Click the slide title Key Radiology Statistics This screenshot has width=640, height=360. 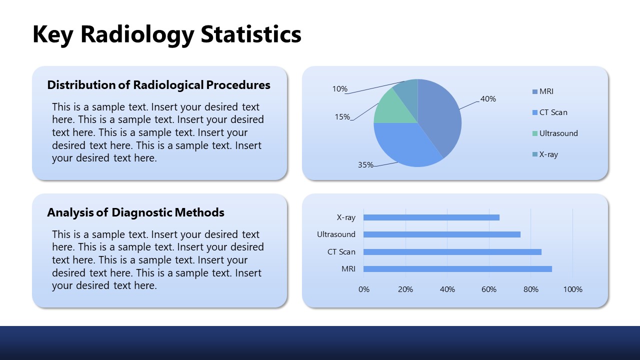pyautogui.click(x=167, y=34)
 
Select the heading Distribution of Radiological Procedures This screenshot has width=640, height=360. pyautogui.click(x=158, y=85)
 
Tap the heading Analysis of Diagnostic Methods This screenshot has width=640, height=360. pyautogui.click(x=135, y=212)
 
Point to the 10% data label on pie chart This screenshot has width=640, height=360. pyautogui.click(x=339, y=89)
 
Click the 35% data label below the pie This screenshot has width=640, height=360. pyautogui.click(x=365, y=164)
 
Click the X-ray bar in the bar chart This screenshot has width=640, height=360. pyautogui.click(x=431, y=217)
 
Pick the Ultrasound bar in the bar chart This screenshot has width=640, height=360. pyautogui.click(x=441, y=234)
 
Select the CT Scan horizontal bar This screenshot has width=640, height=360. pyautogui.click(x=452, y=252)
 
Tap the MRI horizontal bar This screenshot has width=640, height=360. pyautogui.click(x=457, y=269)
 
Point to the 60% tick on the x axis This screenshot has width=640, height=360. pyautogui.click(x=489, y=289)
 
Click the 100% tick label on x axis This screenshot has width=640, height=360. pyautogui.click(x=572, y=289)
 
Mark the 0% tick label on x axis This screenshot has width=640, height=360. pyautogui.click(x=364, y=289)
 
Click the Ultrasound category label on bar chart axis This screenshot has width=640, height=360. pyautogui.click(x=336, y=234)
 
